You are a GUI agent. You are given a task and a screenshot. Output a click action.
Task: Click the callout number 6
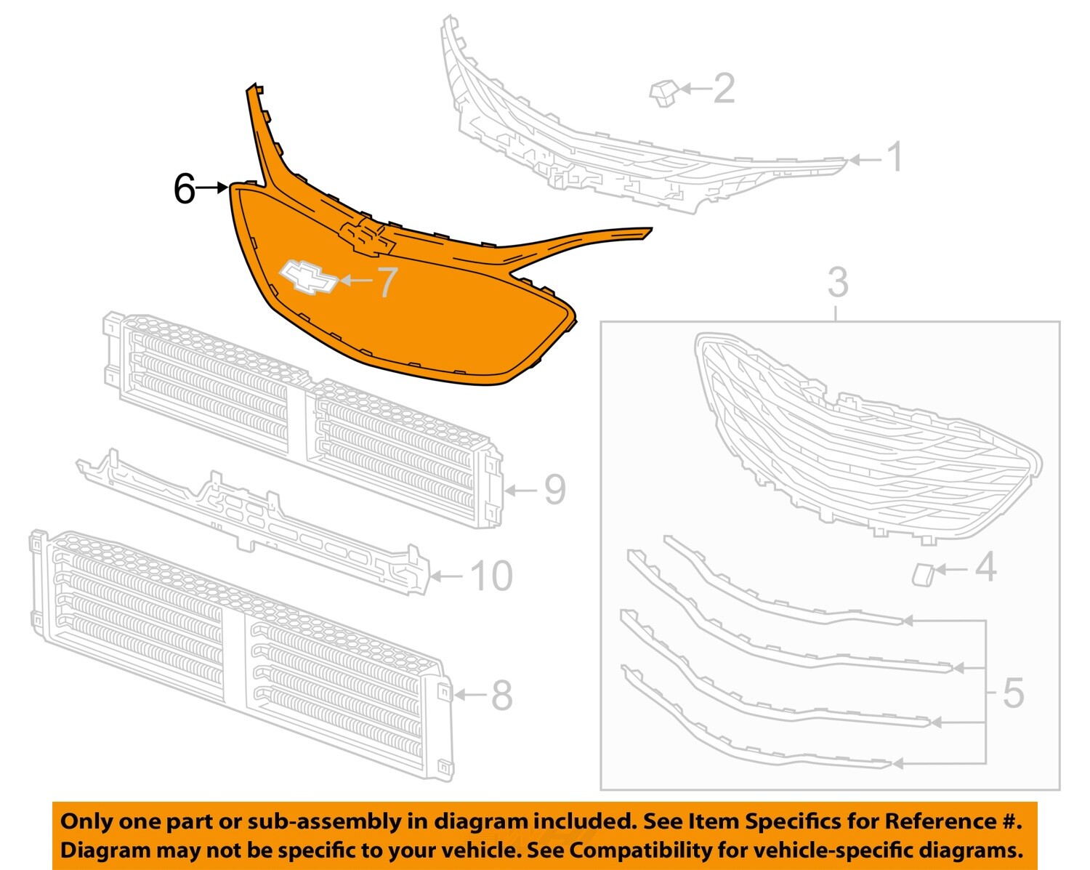[x=185, y=189]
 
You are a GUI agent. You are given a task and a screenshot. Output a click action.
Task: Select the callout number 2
[x=724, y=89]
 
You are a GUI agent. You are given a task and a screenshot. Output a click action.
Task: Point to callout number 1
[x=895, y=158]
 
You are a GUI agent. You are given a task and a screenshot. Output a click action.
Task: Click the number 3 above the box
[x=838, y=282]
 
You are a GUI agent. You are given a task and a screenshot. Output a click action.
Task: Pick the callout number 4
[x=985, y=567]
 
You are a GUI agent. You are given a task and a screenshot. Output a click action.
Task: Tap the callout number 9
[x=554, y=490]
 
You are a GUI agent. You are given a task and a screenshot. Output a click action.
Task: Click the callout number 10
[x=492, y=576]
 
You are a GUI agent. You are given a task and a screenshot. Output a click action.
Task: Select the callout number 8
[x=501, y=696]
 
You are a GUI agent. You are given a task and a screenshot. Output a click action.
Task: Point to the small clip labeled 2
[x=663, y=93]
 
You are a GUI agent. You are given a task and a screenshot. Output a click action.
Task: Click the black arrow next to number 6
[x=213, y=188]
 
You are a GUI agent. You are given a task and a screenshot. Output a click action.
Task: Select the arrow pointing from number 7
[x=356, y=280]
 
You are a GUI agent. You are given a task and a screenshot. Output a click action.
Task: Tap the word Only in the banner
[x=86, y=821]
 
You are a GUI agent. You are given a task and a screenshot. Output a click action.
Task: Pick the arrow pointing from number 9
[x=522, y=491]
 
